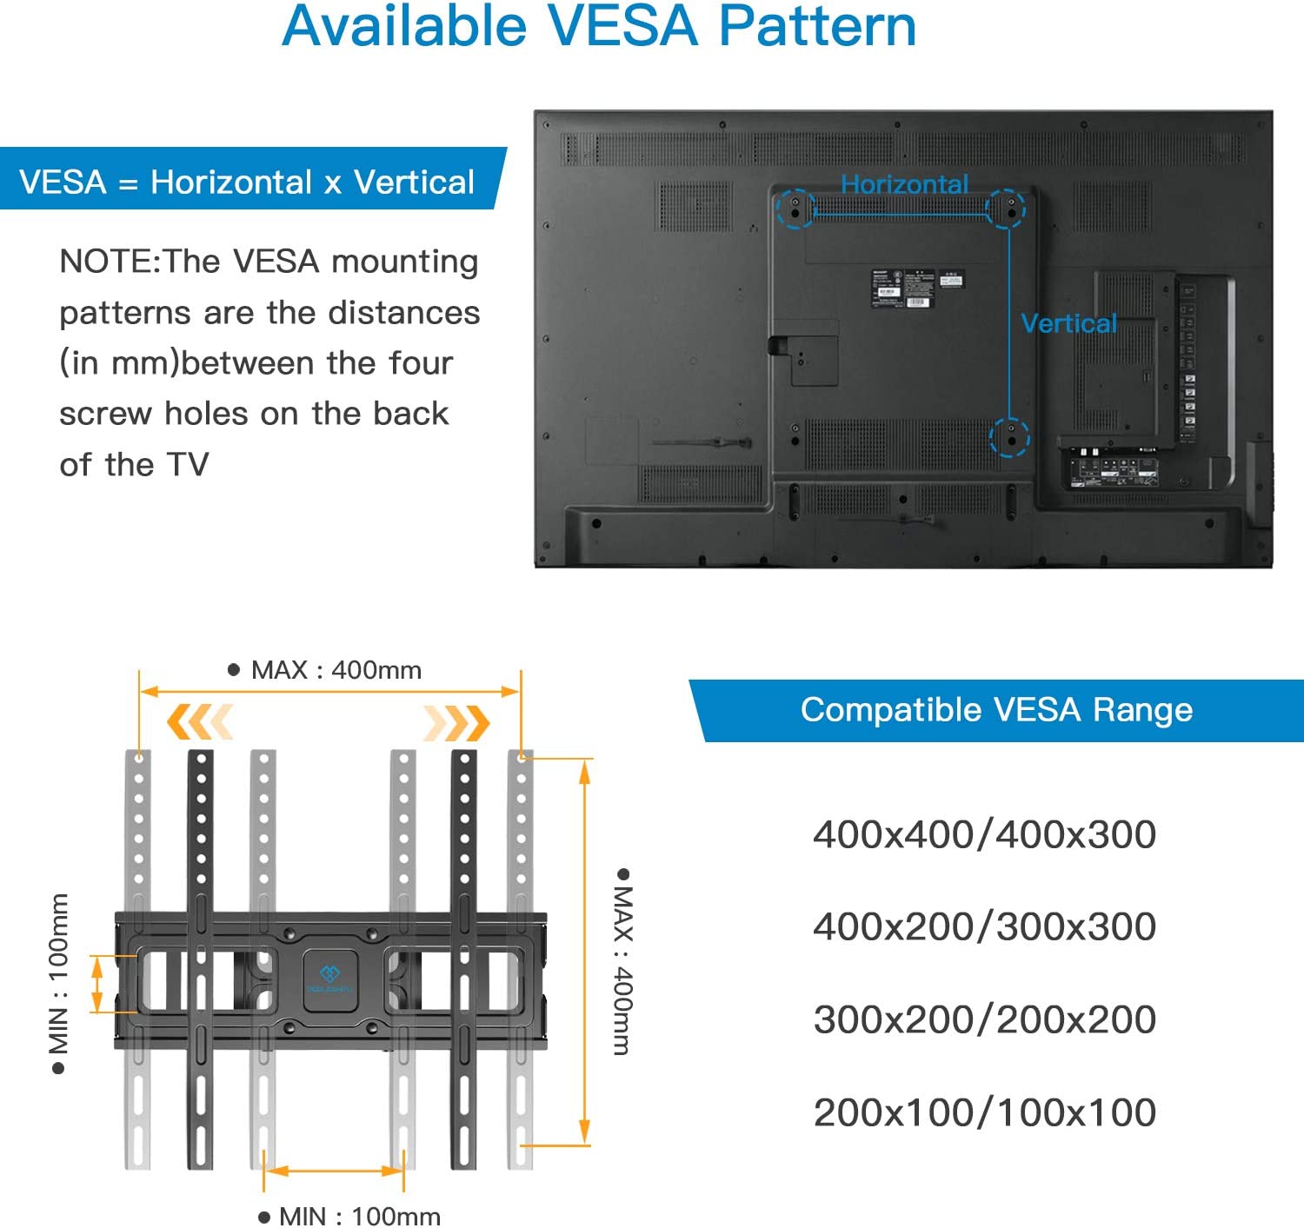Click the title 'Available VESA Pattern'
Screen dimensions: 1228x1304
pos(599,26)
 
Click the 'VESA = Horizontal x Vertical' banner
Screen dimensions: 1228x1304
pos(247,182)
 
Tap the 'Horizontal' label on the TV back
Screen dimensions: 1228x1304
pos(904,184)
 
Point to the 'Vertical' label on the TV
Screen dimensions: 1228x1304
pos(1068,323)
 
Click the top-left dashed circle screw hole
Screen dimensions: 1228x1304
pos(795,209)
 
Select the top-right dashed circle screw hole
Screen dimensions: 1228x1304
pos(1007,209)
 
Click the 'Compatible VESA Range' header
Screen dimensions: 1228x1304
pos(996,710)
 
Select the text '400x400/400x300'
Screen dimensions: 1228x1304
pos(984,834)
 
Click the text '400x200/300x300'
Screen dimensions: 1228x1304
pos(984,926)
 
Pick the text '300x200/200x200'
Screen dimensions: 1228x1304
pos(984,1019)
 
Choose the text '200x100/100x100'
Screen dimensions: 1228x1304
pos(984,1112)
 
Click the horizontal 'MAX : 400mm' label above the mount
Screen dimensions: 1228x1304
pos(336,670)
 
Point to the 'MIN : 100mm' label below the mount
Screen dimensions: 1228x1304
pos(359,1215)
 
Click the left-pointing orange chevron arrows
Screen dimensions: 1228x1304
pos(200,722)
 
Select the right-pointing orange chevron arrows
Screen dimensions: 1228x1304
pos(456,722)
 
